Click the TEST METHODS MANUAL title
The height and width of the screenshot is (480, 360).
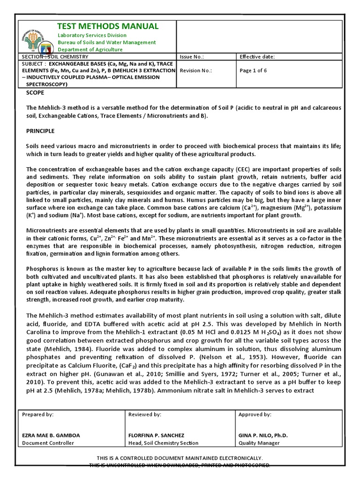107,26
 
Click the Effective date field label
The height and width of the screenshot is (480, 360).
257,57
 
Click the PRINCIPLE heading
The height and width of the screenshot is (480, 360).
40,131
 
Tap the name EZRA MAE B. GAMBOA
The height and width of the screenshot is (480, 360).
51,435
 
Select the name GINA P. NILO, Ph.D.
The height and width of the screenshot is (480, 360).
263,435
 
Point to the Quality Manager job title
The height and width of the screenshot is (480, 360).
259,443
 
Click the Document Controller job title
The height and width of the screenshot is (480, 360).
48,443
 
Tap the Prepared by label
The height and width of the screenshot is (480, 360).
38,414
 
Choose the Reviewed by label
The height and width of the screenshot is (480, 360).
145,414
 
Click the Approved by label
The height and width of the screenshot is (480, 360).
255,414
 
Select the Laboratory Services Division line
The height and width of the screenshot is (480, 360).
91,36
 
